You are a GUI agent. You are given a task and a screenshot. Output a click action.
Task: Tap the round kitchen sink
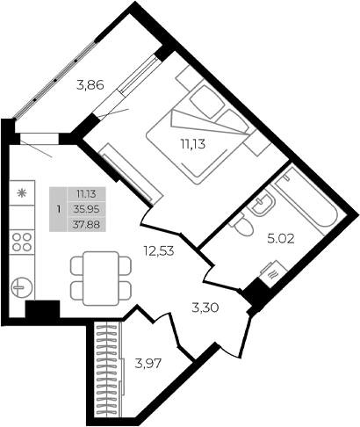(x=22, y=287)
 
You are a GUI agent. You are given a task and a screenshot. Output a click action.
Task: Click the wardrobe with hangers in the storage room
(x=108, y=369)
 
